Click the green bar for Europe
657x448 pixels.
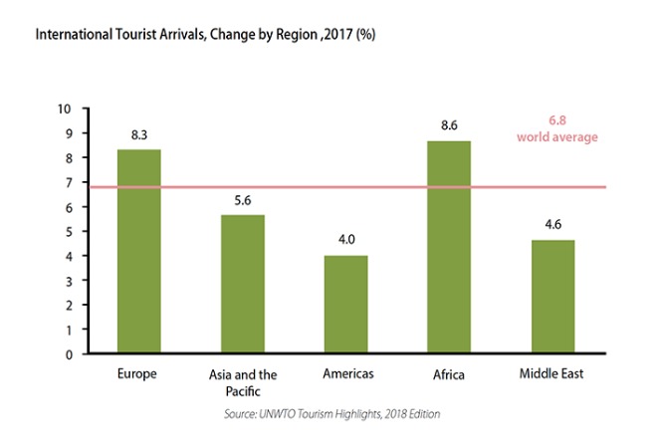pyautogui.click(x=138, y=251)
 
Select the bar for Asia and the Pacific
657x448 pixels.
pyautogui.click(x=243, y=284)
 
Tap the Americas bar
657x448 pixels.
pyautogui.click(x=346, y=305)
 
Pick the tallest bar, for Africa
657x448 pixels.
pyautogui.click(x=449, y=247)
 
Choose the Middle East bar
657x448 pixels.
pyautogui.click(x=553, y=297)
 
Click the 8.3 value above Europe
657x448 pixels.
pyautogui.click(x=139, y=135)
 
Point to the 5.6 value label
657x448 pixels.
pyautogui.click(x=243, y=200)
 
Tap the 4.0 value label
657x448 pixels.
pyautogui.click(x=346, y=239)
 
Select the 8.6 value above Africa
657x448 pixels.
pyautogui.click(x=449, y=125)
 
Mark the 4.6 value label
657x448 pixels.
pyautogui.click(x=553, y=225)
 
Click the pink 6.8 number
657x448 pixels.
pyautogui.click(x=557, y=120)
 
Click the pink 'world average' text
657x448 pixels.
pyautogui.click(x=557, y=137)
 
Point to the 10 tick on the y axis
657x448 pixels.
pyautogui.click(x=65, y=110)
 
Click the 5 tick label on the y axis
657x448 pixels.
pyautogui.click(x=69, y=232)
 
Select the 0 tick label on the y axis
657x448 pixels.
pyautogui.click(x=69, y=355)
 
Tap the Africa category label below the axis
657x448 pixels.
pyautogui.click(x=449, y=374)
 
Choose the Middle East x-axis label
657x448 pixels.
pyautogui.click(x=551, y=373)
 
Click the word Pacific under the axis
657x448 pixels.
pyautogui.click(x=243, y=391)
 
